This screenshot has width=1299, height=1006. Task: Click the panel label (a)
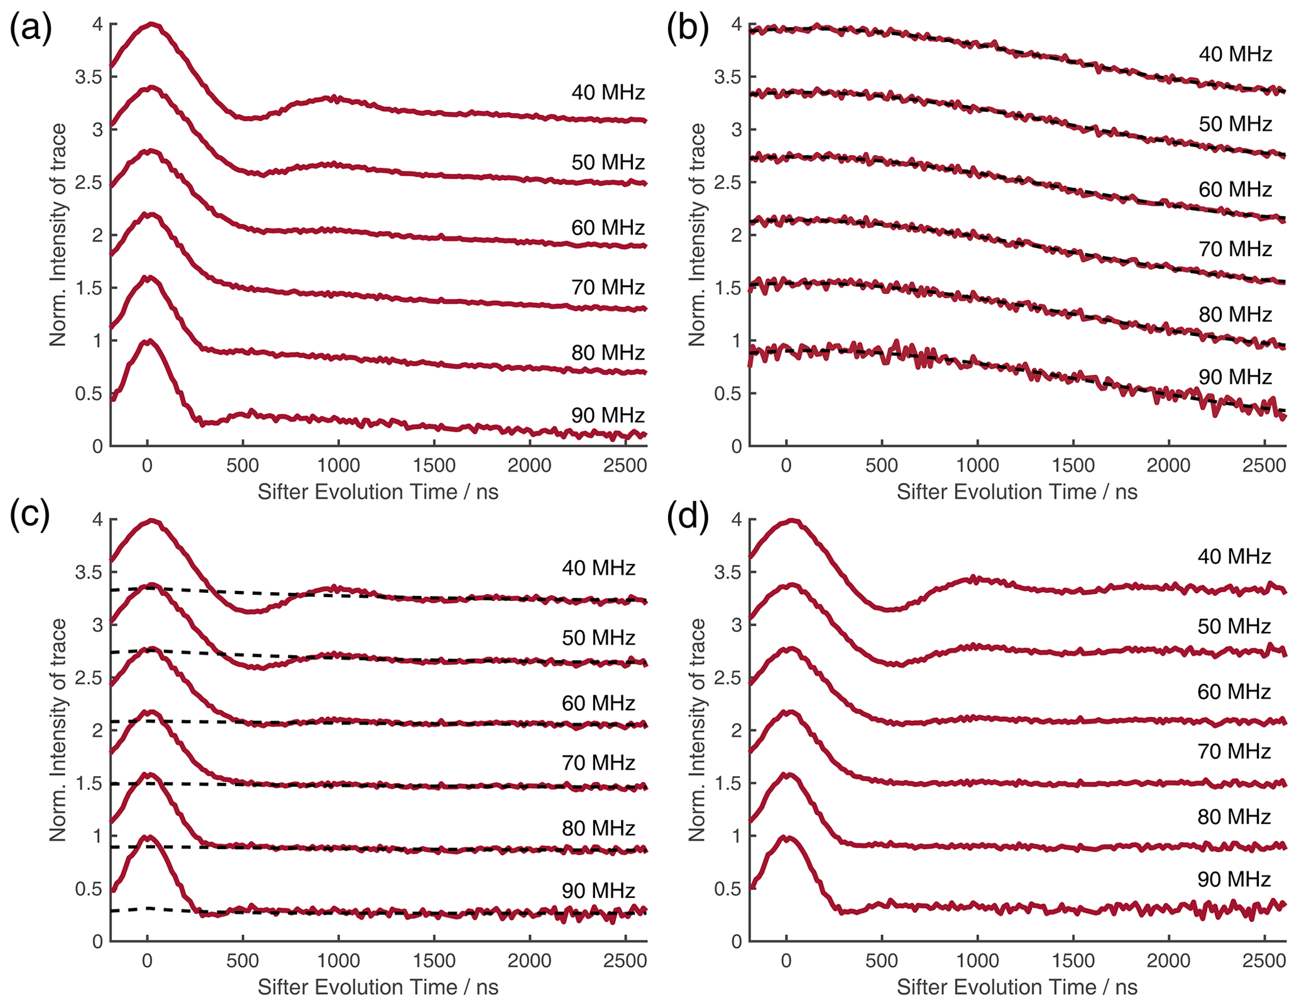(30, 29)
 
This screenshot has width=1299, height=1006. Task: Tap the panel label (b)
(688, 29)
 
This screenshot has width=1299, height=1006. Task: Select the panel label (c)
(30, 516)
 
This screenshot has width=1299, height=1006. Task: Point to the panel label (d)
(688, 516)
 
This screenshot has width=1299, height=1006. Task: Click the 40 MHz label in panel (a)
(608, 93)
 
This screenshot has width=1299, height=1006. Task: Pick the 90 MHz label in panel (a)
(608, 415)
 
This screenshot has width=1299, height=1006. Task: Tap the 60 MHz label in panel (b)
(1235, 189)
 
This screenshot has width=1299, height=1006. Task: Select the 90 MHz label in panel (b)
(1235, 377)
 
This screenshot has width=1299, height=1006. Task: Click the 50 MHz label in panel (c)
(598, 637)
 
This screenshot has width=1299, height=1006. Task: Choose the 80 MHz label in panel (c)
(598, 828)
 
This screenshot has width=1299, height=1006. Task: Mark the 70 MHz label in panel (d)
(1234, 751)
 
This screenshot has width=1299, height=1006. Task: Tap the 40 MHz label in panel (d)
(1234, 556)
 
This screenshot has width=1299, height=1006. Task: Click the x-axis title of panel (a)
(378, 492)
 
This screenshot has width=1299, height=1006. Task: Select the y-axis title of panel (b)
(697, 234)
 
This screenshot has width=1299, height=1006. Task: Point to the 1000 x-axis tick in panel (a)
(338, 465)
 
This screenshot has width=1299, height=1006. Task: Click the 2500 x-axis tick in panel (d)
(1264, 961)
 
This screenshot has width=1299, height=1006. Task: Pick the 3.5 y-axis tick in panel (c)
(89, 572)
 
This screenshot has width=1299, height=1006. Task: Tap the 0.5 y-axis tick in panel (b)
(728, 394)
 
